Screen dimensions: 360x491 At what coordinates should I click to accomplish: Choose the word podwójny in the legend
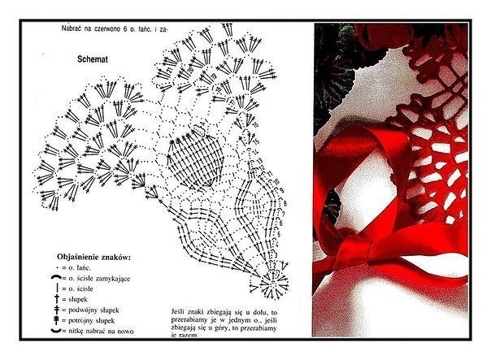pos(85,310)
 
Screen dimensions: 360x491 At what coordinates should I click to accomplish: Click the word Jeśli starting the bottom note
pos(180,311)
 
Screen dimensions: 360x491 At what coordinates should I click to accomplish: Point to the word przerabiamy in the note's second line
pos(192,319)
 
